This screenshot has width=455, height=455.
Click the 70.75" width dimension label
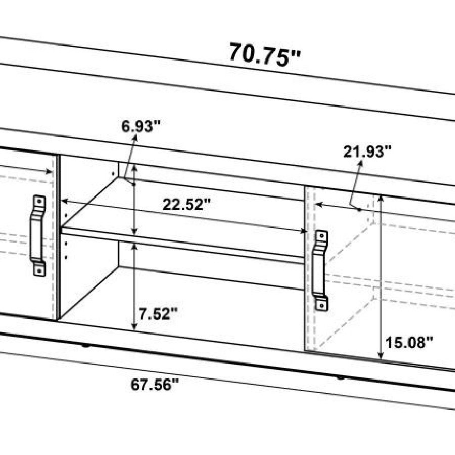click(x=264, y=55)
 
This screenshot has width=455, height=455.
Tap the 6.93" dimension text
click(x=141, y=126)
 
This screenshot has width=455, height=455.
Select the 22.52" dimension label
click(x=186, y=204)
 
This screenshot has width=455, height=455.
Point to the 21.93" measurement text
click(x=367, y=151)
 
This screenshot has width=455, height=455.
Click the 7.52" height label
click(x=158, y=313)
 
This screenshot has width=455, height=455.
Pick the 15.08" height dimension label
click(x=409, y=342)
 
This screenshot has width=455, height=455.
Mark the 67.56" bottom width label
click(x=154, y=385)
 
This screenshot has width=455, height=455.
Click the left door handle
click(x=38, y=236)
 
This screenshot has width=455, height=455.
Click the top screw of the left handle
click(x=39, y=201)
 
